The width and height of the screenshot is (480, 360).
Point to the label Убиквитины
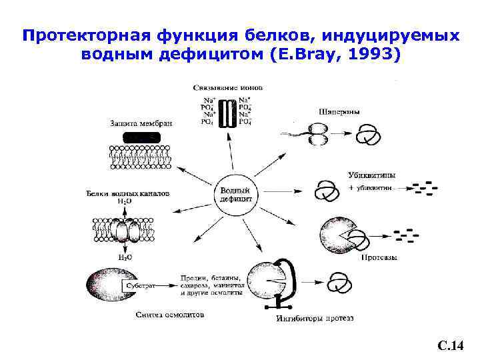pyautogui.click(x=371, y=175)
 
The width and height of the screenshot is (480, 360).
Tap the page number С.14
pyautogui.click(x=450, y=345)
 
